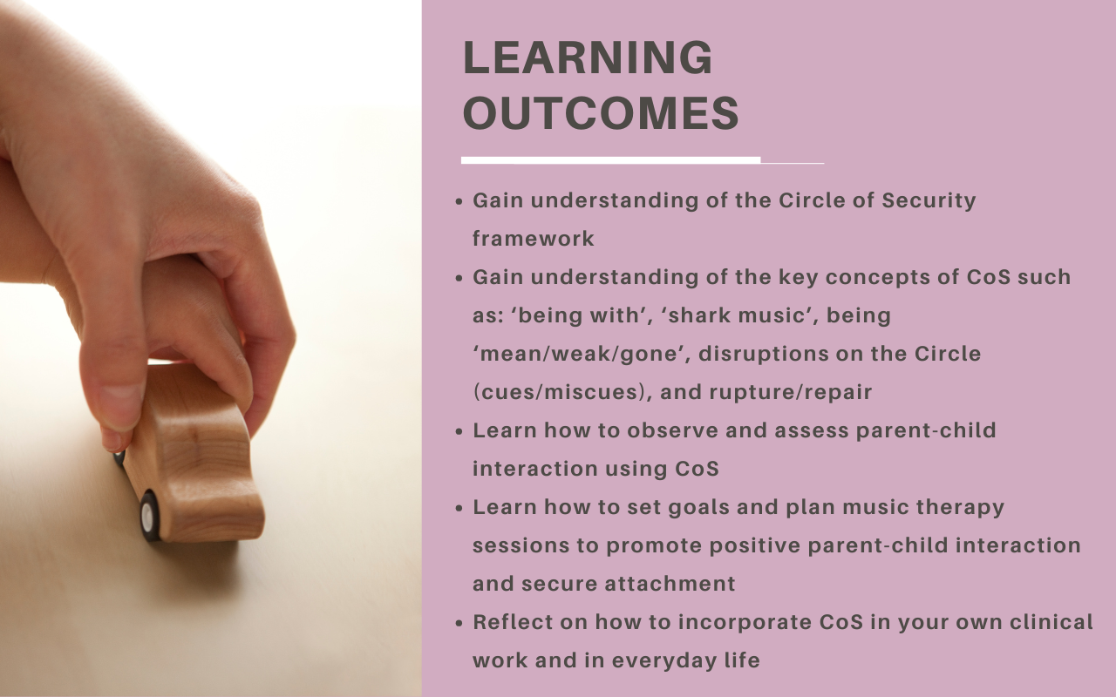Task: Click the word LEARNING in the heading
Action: click(x=588, y=58)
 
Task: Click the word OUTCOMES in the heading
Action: click(x=601, y=113)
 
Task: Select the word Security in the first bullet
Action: click(x=929, y=201)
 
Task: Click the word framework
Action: click(x=533, y=239)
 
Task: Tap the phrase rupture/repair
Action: click(x=791, y=393)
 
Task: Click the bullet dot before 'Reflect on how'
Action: click(x=459, y=623)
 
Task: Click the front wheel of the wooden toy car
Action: click(x=149, y=517)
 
